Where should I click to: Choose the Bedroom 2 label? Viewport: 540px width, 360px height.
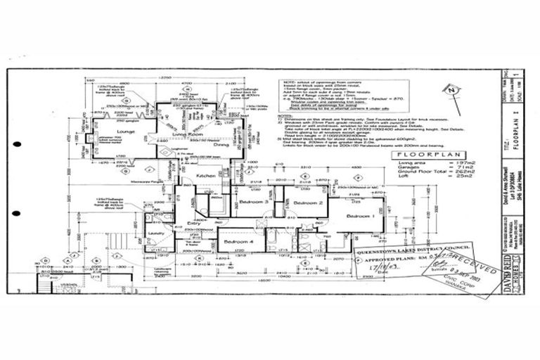point(308,202)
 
